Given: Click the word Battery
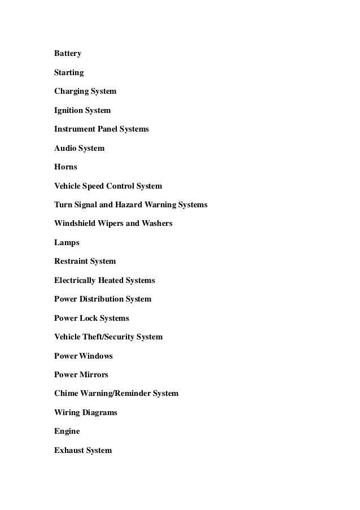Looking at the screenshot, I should (x=68, y=54).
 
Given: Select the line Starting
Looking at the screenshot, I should (x=69, y=73).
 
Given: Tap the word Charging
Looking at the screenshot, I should (x=71, y=91).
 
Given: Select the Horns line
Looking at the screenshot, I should (x=65, y=167).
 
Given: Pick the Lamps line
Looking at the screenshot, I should (x=67, y=243).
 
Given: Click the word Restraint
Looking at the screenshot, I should (x=71, y=261).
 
